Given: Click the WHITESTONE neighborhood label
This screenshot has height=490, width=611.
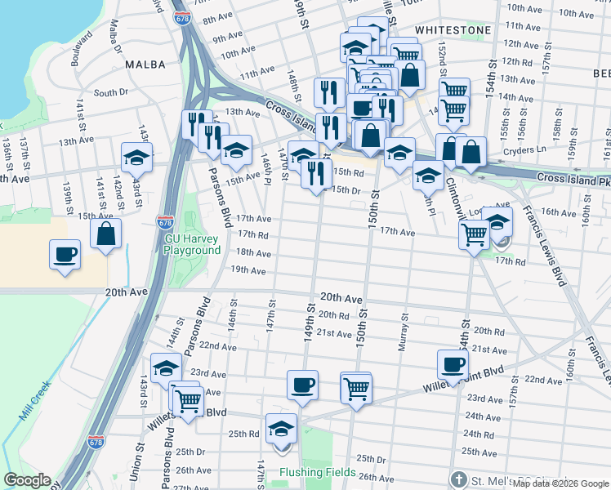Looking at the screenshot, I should tap(453, 29).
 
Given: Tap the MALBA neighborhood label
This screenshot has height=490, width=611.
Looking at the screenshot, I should tap(146, 64).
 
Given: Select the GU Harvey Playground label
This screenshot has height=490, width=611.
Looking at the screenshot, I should tap(193, 244).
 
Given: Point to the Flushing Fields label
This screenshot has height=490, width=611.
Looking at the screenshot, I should tap(317, 472).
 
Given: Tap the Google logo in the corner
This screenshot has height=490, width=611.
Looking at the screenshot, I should tap(27, 480).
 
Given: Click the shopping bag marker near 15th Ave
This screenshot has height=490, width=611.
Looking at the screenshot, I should tap(106, 234).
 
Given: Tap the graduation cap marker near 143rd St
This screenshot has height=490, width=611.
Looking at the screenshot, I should tap(136, 158).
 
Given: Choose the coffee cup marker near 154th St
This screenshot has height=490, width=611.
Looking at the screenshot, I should tap(452, 363).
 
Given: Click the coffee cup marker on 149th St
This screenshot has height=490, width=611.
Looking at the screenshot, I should tap(302, 385).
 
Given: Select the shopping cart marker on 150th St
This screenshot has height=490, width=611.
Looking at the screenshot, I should tap(356, 387).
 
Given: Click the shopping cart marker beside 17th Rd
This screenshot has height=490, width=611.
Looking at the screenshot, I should tap(475, 236).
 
